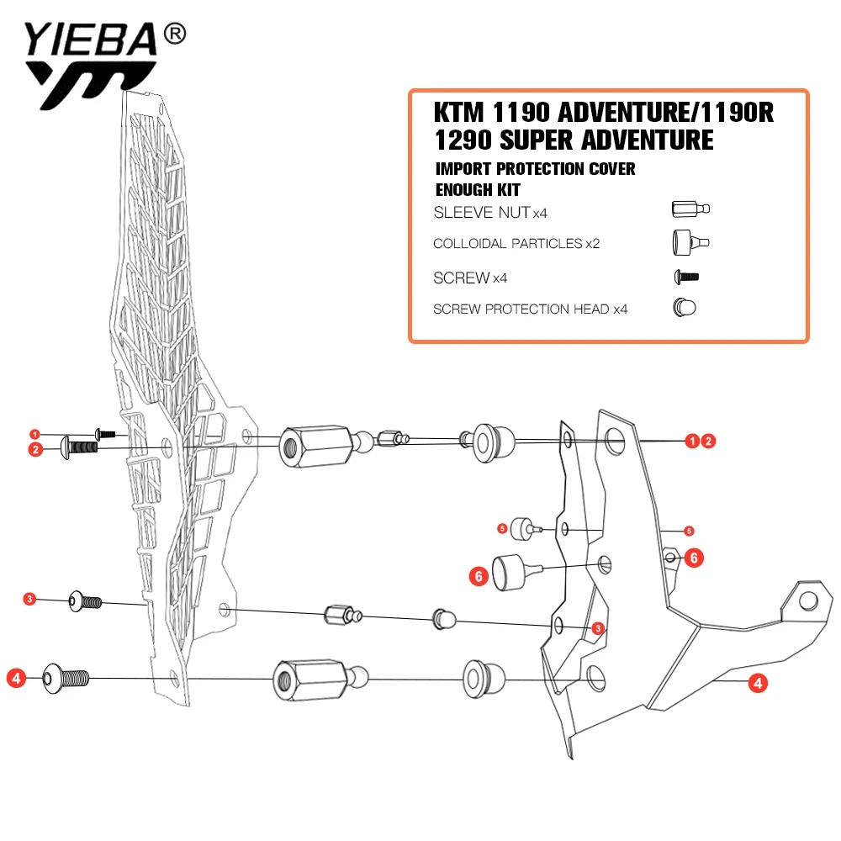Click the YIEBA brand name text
click(90, 40)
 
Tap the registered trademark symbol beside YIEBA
click(174, 34)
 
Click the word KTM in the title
click(458, 113)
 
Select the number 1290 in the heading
click(463, 140)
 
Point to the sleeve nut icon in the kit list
click(690, 209)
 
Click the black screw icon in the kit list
click(686, 278)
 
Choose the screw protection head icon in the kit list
click(685, 308)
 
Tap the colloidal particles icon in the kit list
click(690, 242)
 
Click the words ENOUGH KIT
click(478, 190)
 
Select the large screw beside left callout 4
click(66, 679)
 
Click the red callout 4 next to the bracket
click(758, 683)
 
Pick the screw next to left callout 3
click(85, 602)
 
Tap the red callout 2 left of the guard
click(35, 449)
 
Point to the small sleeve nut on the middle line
click(343, 615)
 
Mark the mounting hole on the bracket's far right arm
click(808, 600)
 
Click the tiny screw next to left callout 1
click(105, 433)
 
